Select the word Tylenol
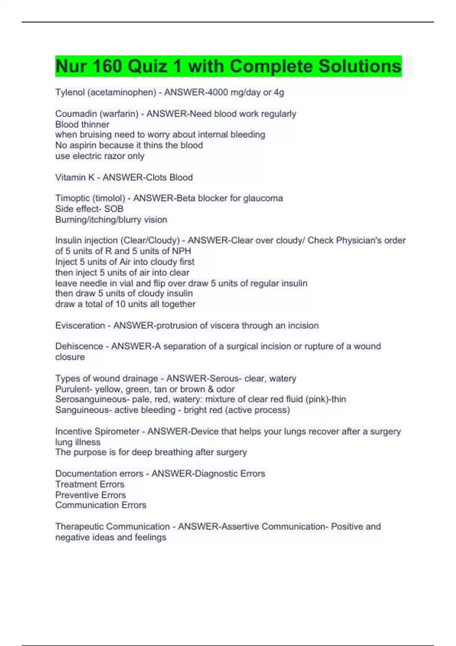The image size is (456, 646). pos(70,92)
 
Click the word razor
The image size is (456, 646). pos(114,156)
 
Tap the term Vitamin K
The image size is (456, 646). pos(74,177)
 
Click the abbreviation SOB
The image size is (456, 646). pos(114,209)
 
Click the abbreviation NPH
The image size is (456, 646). pos(182,251)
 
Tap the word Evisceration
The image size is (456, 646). pos(80,326)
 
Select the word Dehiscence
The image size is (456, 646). pos(79,347)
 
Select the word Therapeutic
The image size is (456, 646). pos(79,527)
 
